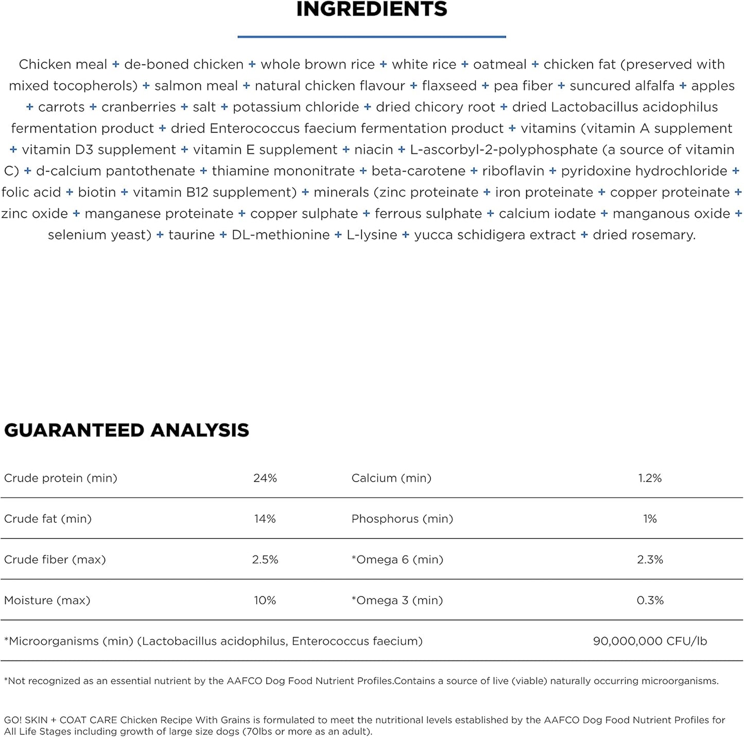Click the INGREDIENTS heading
coord(372,9)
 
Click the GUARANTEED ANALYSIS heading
coord(127,430)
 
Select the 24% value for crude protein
coord(265,478)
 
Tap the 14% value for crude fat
coord(265,519)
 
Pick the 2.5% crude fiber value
coord(265,559)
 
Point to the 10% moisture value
coord(265,600)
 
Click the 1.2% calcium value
coord(650,478)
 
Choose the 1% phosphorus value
coord(650,519)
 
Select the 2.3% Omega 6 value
coord(650,559)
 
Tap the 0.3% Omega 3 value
coord(650,600)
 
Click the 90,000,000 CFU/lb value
coord(650,641)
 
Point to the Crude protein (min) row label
coord(61,478)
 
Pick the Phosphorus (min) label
coord(402,519)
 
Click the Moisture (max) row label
coord(47,600)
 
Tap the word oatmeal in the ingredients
coord(499,64)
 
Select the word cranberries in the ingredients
coord(139,107)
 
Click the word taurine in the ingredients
coord(192,235)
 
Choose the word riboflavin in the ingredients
coord(513,171)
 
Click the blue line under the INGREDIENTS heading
coord(372,37)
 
